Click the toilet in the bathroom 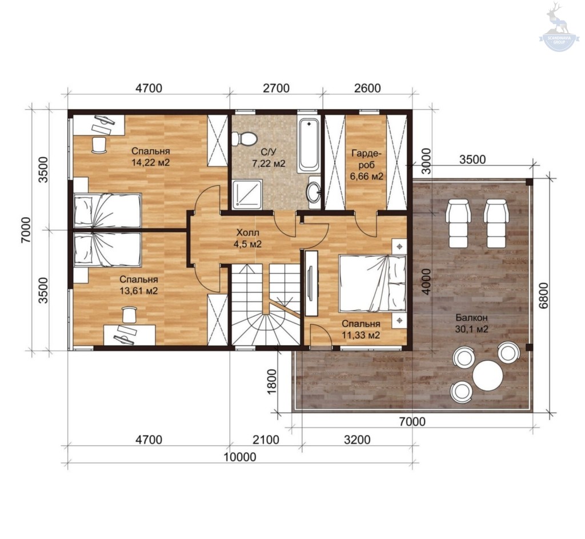(x=245, y=139)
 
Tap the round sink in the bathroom (x=314, y=192)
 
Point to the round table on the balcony (x=488, y=375)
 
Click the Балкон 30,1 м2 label (x=471, y=324)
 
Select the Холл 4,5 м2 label (x=247, y=238)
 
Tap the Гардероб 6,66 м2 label (x=366, y=165)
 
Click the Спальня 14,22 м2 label (x=150, y=157)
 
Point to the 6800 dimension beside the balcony (x=544, y=295)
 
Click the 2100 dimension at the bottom (x=266, y=440)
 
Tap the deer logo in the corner (x=560, y=26)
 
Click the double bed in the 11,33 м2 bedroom (x=372, y=283)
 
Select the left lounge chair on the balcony (x=458, y=223)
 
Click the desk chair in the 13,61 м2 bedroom (x=129, y=314)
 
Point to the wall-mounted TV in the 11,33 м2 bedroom (x=310, y=283)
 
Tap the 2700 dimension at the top (x=276, y=88)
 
